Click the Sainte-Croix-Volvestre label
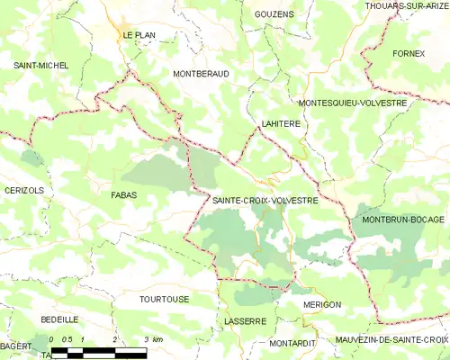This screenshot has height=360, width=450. [x=265, y=201]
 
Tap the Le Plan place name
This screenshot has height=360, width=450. [x=139, y=35]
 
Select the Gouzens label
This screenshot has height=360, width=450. [x=274, y=15]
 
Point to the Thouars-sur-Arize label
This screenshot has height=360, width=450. [x=407, y=5]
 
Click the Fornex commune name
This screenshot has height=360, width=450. [x=408, y=54]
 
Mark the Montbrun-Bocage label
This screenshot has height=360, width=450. [x=403, y=219]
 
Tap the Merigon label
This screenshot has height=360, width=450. [x=321, y=304]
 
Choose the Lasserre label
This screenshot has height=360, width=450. [x=243, y=320]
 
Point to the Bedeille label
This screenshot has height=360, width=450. [x=59, y=319]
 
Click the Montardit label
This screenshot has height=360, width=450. [x=292, y=343]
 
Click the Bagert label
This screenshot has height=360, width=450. [x=16, y=346]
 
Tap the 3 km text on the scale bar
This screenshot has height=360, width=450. [x=152, y=339]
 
